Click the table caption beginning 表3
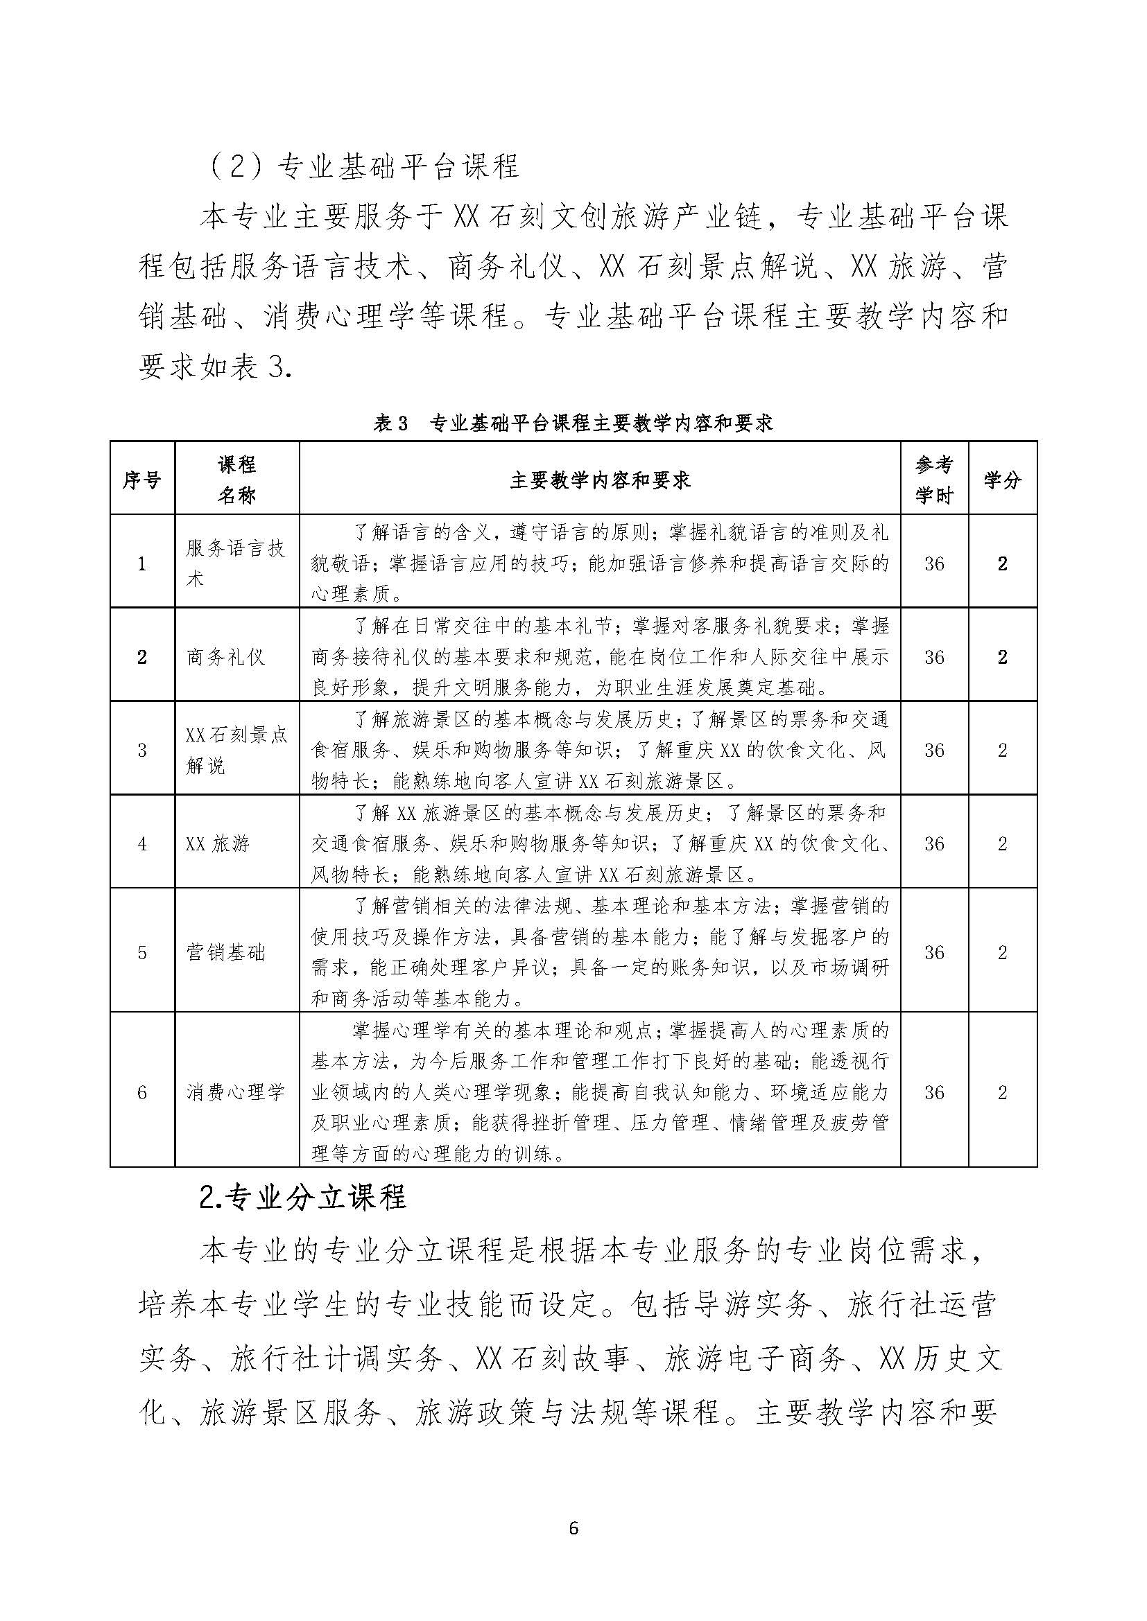[x=573, y=423]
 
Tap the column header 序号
[x=142, y=480]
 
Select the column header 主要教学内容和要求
[x=600, y=480]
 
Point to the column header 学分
[x=1002, y=480]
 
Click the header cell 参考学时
[x=933, y=480]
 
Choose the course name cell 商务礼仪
[x=225, y=657]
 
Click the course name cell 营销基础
[x=225, y=952]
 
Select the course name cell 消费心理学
[x=235, y=1092]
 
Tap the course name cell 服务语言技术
[x=235, y=563]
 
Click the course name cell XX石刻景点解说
[x=236, y=750]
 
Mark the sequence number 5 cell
[x=142, y=952]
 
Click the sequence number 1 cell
[x=142, y=563]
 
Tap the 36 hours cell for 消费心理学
[x=933, y=1092]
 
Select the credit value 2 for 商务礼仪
[x=1002, y=657]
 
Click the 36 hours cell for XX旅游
[x=933, y=843]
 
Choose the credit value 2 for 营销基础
[x=1002, y=952]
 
